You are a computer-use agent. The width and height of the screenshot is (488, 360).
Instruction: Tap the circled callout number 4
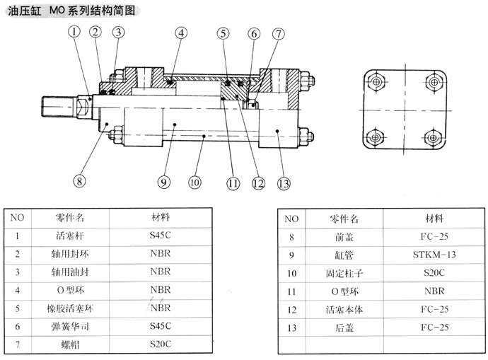(182, 33)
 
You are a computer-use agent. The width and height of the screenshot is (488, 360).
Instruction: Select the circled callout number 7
(279, 33)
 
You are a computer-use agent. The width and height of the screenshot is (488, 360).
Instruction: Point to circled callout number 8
(79, 180)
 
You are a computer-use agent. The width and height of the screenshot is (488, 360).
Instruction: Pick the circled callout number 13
(284, 183)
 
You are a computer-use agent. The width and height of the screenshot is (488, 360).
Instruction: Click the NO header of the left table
(17, 217)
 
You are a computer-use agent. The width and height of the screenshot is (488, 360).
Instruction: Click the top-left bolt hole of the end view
(376, 82)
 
